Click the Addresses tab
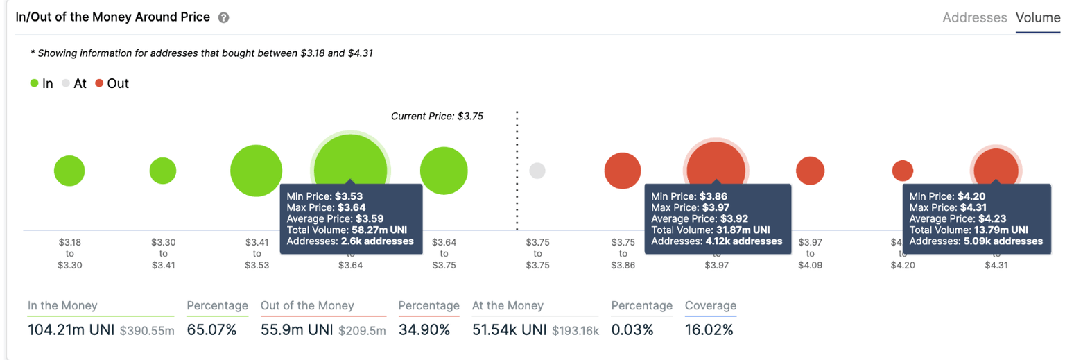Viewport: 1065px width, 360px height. click(x=974, y=18)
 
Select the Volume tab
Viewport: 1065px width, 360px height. click(x=1038, y=18)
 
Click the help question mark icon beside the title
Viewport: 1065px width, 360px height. click(x=223, y=18)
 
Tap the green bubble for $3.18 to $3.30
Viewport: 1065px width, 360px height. click(x=69, y=171)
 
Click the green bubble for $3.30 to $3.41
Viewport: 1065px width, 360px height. click(x=163, y=171)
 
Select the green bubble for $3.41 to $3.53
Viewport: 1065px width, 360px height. click(x=256, y=171)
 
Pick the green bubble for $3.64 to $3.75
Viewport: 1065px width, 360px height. click(x=444, y=171)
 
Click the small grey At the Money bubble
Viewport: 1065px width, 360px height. click(x=537, y=171)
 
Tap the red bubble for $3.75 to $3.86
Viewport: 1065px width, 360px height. click(x=623, y=171)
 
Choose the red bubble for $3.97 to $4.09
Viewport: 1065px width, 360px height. click(x=810, y=171)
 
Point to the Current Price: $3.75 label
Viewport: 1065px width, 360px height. click(x=437, y=117)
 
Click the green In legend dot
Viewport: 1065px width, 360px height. click(x=34, y=84)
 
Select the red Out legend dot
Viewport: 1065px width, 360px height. click(x=99, y=84)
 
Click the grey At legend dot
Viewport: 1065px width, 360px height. click(x=66, y=84)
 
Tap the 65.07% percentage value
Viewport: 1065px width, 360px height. click(x=211, y=330)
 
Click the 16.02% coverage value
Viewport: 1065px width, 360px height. click(x=709, y=330)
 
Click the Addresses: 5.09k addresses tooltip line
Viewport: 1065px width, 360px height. click(x=976, y=241)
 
